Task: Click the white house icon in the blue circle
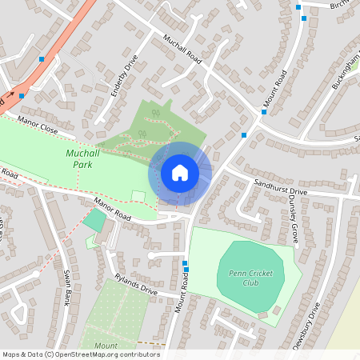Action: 180,172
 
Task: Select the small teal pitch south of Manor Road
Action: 94,220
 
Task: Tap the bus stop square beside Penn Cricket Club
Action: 185,264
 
